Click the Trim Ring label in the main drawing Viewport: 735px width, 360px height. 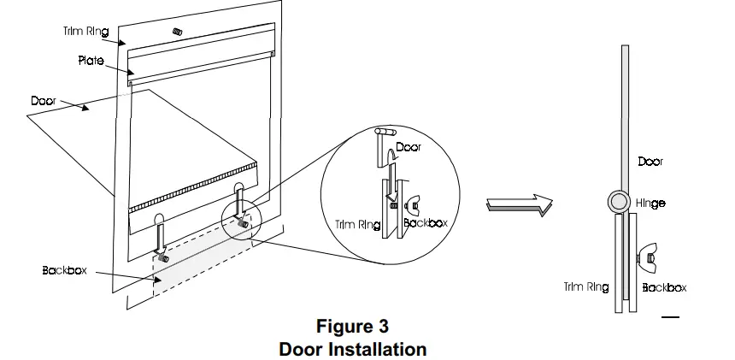pos(85,32)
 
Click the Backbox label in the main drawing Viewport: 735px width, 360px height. pos(64,270)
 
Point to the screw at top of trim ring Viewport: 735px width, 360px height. pos(179,32)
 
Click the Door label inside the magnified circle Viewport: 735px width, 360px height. pos(408,147)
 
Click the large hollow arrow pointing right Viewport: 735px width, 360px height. pos(519,204)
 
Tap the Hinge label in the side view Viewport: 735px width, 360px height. pos(650,204)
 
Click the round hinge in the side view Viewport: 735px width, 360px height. pos(620,204)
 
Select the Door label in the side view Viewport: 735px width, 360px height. pos(650,161)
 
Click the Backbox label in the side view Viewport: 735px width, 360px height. pos(664,287)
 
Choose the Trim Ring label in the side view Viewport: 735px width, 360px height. pos(586,287)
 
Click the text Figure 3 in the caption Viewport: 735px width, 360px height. pos(352,326)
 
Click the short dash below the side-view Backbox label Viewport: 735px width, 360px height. pos(670,317)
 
